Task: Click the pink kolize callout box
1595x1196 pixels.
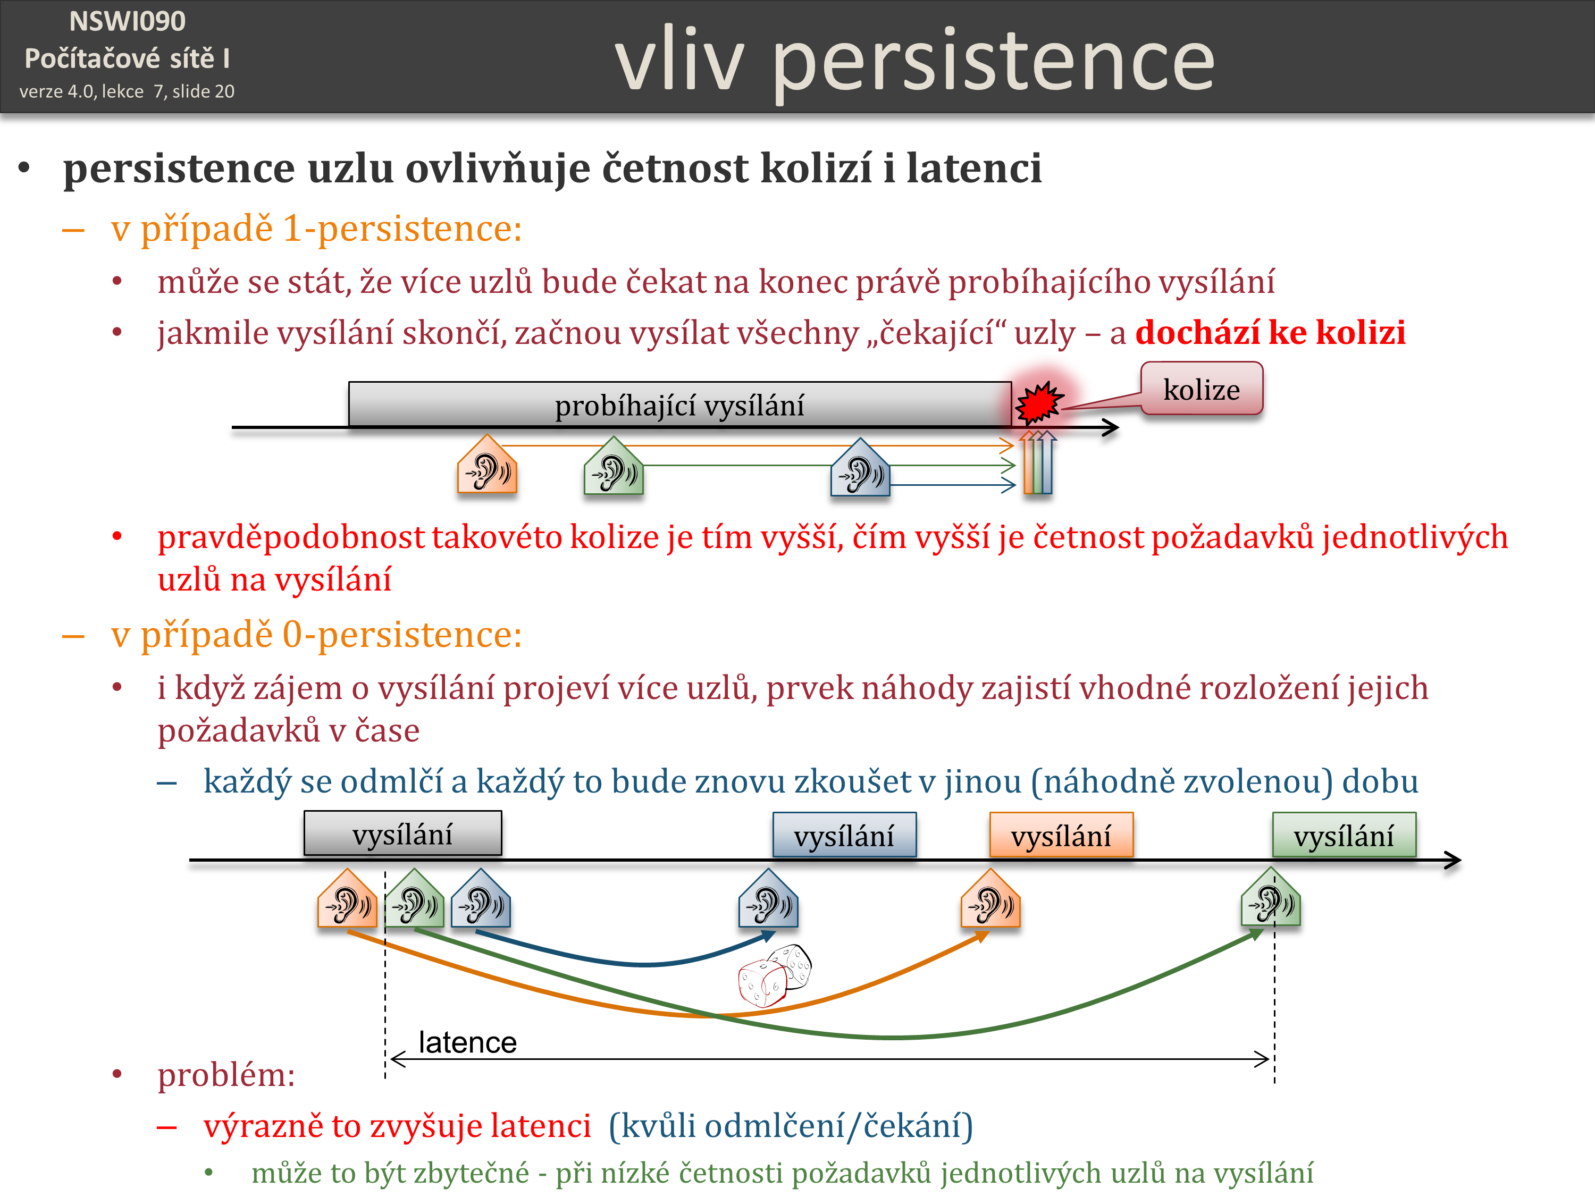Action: coord(1201,389)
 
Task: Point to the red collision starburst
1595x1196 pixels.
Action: coord(1038,402)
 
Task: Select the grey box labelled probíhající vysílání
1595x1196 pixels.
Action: coord(679,405)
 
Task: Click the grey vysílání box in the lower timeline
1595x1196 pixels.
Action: coord(402,833)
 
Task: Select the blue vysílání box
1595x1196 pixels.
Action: coord(844,835)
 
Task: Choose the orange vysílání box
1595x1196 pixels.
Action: coord(1061,835)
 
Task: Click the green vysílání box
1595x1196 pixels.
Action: coord(1344,835)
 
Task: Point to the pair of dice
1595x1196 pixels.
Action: coord(775,975)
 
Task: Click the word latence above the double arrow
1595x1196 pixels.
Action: coord(467,1042)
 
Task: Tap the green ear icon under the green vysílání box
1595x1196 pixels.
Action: coord(1271,898)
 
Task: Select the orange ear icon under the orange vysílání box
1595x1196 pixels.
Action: coord(990,898)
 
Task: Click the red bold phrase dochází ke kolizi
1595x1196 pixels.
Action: coord(1271,332)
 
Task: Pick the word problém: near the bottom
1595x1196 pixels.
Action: coord(226,1075)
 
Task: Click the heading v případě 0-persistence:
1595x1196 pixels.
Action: coord(316,634)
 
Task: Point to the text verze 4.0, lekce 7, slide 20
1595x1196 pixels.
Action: coord(127,91)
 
